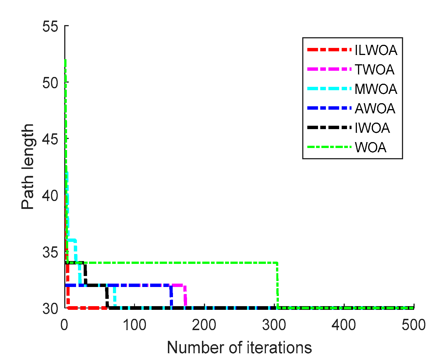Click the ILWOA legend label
[376, 50]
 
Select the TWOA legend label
[374, 69]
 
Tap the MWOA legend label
[376, 89]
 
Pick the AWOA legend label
[375, 108]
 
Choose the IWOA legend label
[372, 128]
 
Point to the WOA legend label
[371, 147]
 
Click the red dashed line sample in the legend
[329, 50]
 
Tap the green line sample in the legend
[329, 147]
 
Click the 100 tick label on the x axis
[134, 325]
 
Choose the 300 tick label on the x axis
[274, 325]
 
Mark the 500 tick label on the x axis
[413, 325]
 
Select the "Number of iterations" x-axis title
[239, 347]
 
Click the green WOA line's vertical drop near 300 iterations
[277, 285]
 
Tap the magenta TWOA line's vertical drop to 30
[185, 296]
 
